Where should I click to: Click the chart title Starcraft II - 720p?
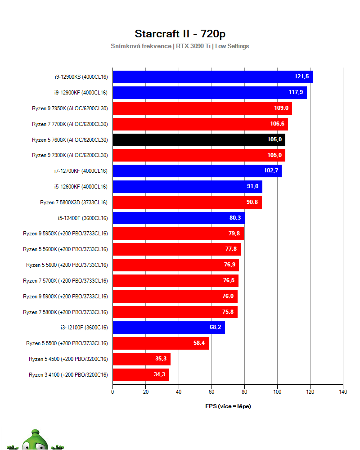tap(180, 34)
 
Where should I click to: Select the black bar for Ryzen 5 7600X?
tap(198, 139)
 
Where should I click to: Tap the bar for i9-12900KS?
tap(212, 77)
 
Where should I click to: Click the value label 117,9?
tap(297, 93)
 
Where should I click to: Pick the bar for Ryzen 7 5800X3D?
tap(187, 202)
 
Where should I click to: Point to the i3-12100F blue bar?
tap(168, 328)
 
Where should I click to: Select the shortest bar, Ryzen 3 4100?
tap(140, 374)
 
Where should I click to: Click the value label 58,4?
tap(199, 343)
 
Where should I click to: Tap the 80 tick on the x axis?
tap(244, 392)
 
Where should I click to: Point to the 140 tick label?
tap(343, 392)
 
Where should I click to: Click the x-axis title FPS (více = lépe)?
tap(228, 406)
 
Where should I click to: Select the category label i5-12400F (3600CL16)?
tap(82, 218)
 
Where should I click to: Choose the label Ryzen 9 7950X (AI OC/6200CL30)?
tap(70, 108)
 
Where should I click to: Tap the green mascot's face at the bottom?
tap(34, 441)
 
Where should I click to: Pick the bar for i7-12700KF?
tap(197, 171)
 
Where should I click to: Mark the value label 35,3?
tap(161, 359)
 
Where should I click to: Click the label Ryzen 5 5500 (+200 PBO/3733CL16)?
tap(67, 343)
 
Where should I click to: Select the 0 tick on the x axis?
tap(112, 392)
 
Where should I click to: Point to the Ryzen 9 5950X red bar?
tap(178, 234)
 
